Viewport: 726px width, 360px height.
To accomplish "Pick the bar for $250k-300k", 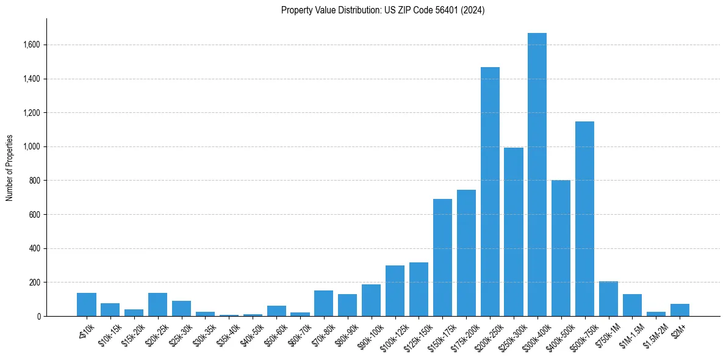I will [514, 232].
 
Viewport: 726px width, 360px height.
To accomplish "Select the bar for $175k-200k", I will [466, 253].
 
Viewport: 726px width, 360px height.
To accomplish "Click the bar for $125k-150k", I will [419, 289].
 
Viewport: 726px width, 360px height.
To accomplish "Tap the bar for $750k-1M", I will [608, 299].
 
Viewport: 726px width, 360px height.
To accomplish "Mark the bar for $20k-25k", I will [157, 304].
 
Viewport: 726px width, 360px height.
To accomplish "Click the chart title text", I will [383, 10].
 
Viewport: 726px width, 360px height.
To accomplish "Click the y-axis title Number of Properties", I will [10, 167].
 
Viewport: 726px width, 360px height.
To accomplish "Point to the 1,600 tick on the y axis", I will [32, 45].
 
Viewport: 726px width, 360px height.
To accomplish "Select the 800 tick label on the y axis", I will [35, 181].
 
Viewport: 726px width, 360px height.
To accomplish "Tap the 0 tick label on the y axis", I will [38, 317].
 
